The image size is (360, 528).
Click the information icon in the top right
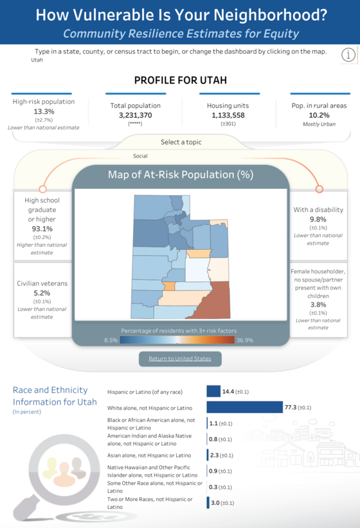pos(348,55)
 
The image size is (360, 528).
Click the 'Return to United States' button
pos(179,358)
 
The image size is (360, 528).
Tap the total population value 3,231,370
pos(135,115)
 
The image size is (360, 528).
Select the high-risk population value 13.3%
pos(43,111)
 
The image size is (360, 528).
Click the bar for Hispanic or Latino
pos(213,391)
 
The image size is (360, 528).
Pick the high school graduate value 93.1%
pos(42,229)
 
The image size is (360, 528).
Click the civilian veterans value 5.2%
pos(42,293)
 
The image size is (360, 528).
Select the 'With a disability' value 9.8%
pos(318,219)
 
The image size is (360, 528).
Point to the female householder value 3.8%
pos(318,304)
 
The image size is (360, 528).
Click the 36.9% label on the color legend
pos(244,340)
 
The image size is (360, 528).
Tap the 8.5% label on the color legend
pos(110,340)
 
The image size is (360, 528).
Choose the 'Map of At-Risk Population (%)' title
pos(180,175)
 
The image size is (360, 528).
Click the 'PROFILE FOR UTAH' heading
pos(180,80)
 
